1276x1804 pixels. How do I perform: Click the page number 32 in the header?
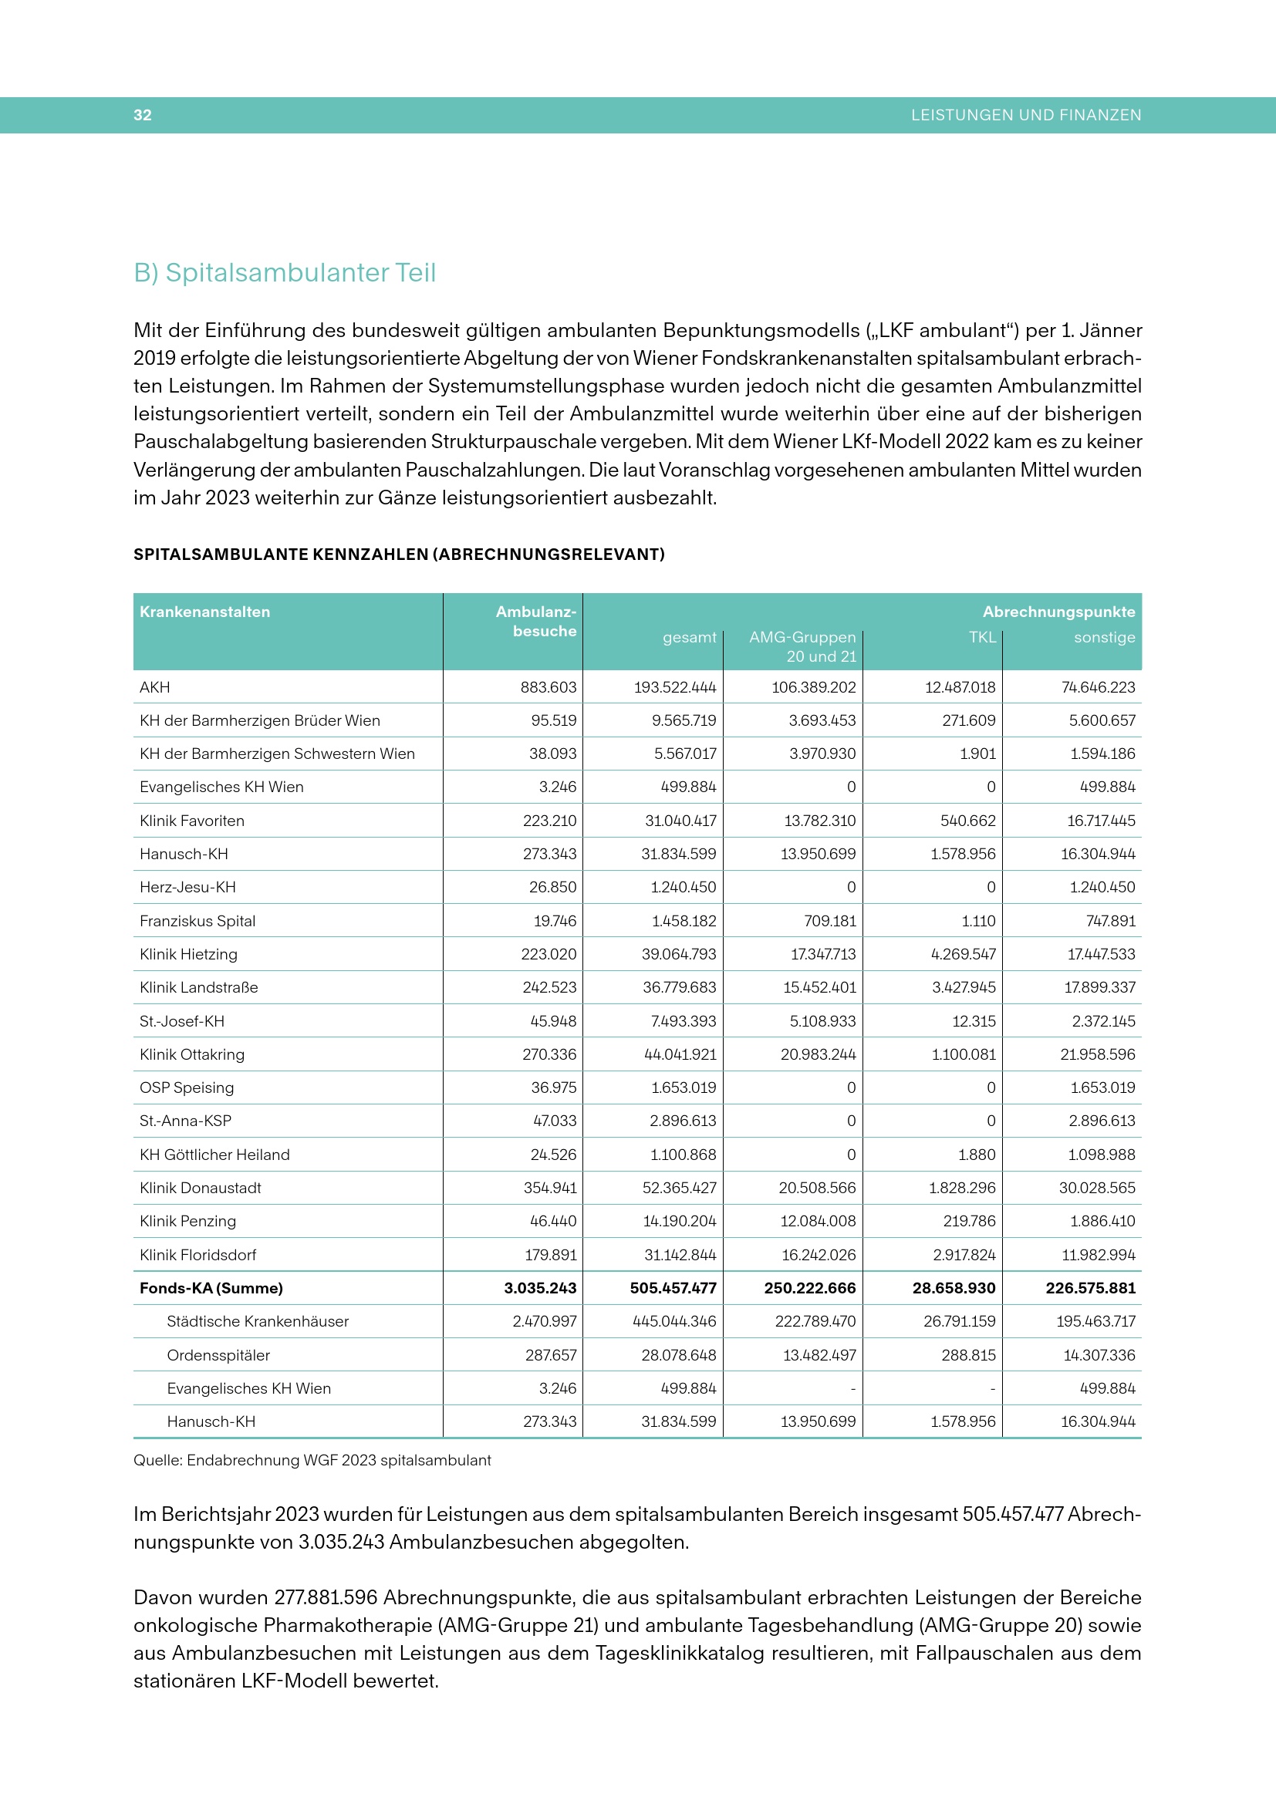[142, 115]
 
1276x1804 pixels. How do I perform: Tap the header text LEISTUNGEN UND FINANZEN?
[1025, 115]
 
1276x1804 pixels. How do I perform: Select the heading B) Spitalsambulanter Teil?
[285, 272]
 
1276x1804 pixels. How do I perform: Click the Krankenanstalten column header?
[204, 612]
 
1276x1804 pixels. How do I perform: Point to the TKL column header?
[981, 636]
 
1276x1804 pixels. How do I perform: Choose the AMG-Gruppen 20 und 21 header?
[802, 646]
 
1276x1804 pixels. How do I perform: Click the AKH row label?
[155, 686]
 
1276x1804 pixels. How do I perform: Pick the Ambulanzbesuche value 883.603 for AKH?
[548, 686]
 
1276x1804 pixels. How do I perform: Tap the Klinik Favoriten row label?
[192, 821]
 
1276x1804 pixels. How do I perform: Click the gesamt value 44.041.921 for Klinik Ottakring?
[680, 1054]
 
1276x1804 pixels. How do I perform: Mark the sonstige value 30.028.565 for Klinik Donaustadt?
[1097, 1187]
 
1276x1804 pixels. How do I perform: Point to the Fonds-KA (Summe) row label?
[211, 1288]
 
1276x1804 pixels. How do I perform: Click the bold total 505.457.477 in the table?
[673, 1288]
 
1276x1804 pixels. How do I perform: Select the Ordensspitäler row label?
[218, 1354]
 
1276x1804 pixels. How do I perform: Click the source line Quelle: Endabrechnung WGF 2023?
[312, 1460]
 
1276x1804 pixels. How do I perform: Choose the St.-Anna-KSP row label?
[185, 1121]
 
